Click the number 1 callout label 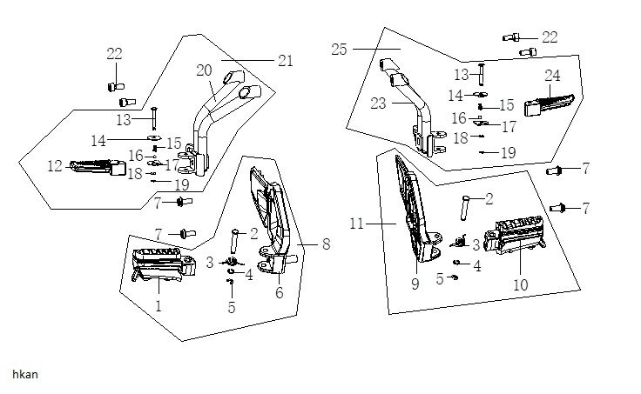[x=158, y=305]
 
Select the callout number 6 [x=279, y=293]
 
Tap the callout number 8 [x=326, y=244]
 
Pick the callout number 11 [x=356, y=224]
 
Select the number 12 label [x=55, y=164]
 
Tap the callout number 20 [x=205, y=70]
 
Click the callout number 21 [x=285, y=61]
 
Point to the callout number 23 [x=379, y=103]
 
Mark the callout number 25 [x=340, y=50]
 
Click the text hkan [x=25, y=373]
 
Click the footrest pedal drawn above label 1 [x=160, y=264]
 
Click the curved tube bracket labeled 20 [x=209, y=122]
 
